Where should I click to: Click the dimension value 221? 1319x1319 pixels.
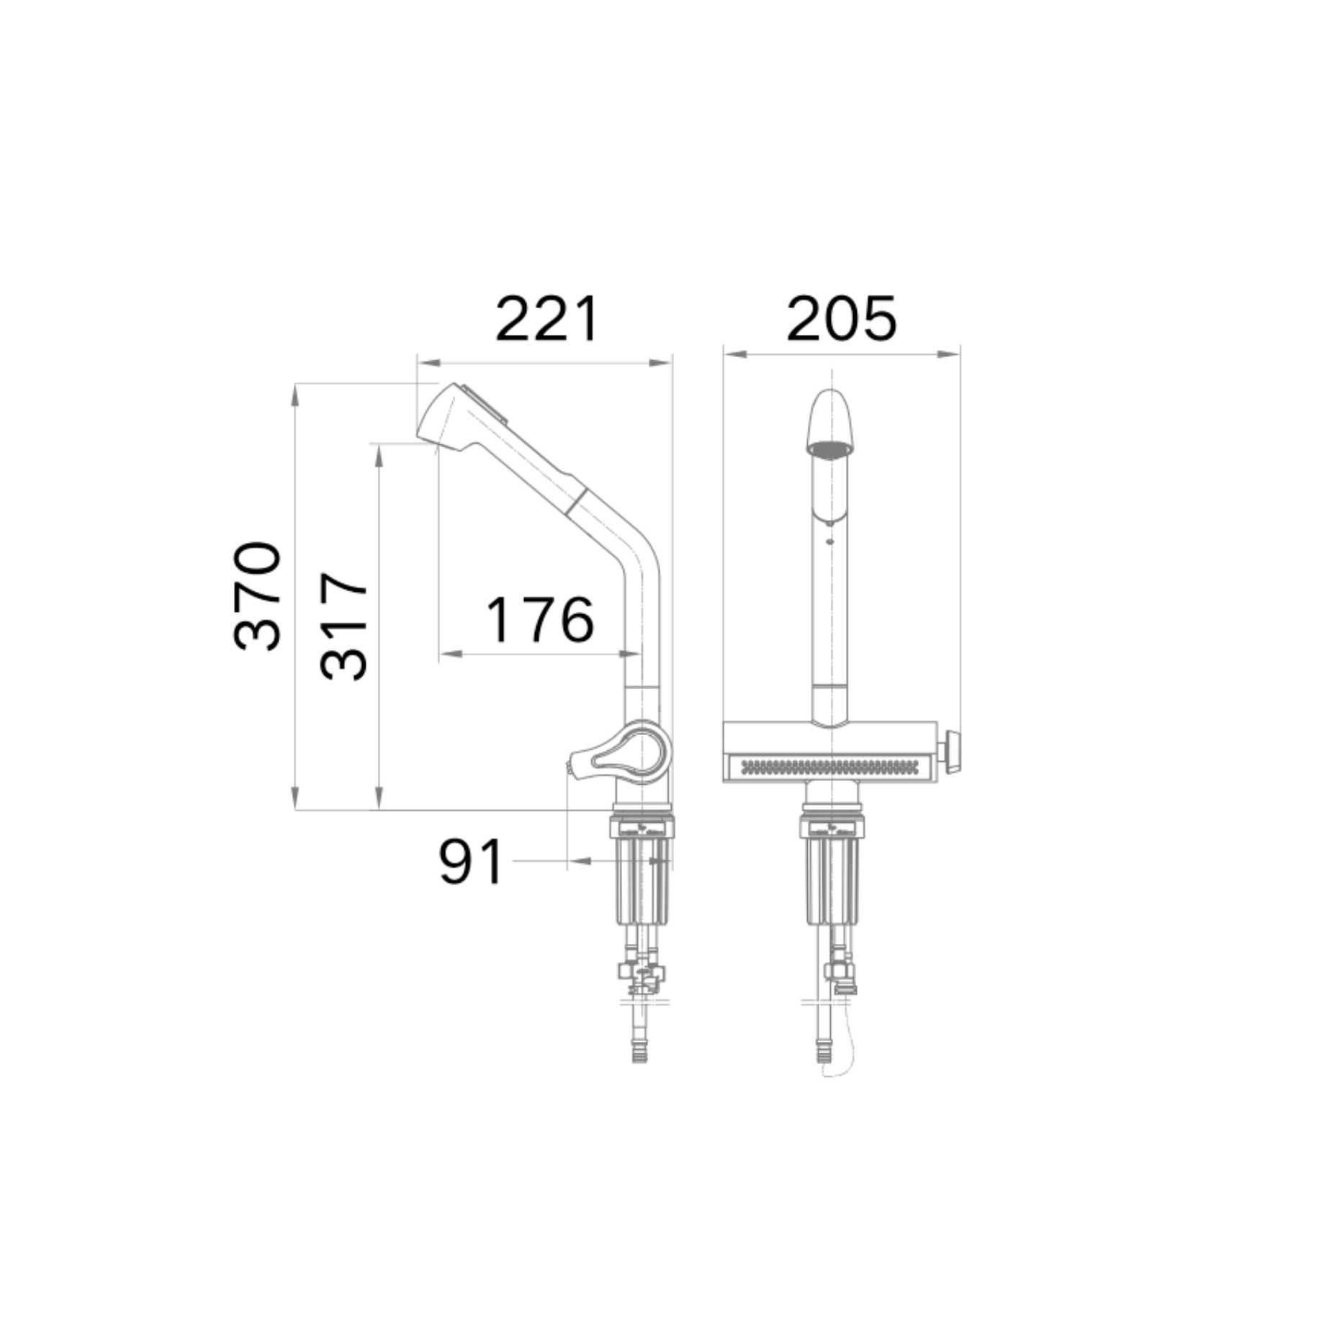[547, 318]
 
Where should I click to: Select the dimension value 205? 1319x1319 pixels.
[842, 318]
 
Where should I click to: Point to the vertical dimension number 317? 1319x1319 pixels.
[344, 626]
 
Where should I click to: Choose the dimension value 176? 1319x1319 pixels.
[541, 620]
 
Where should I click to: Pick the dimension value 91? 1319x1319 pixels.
[471, 862]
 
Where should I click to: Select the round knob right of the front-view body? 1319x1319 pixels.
[951, 752]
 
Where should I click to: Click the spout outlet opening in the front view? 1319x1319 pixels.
[830, 449]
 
